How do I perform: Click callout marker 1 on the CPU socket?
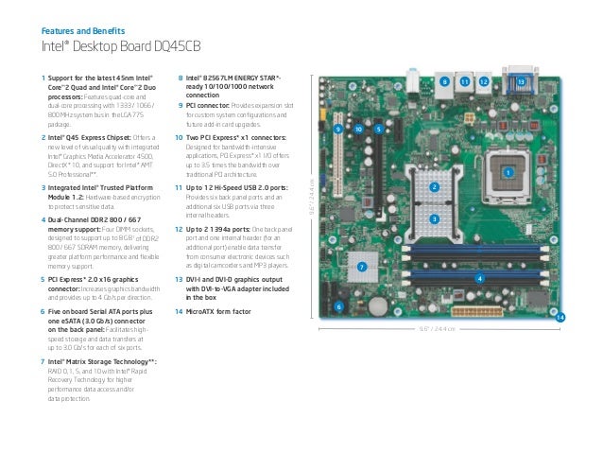click(507, 173)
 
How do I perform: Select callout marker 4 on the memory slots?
click(479, 278)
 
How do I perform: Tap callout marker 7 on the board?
click(362, 268)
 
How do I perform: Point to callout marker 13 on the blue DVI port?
click(521, 83)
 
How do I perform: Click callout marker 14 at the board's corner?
click(560, 317)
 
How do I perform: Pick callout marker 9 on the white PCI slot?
click(336, 127)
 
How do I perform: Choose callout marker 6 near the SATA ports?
click(339, 305)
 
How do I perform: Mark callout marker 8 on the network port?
click(444, 83)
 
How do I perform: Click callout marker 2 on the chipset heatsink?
click(434, 187)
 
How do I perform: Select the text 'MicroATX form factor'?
click(225, 311)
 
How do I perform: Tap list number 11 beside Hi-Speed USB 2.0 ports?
click(180, 188)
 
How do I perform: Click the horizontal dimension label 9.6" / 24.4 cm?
click(437, 330)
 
